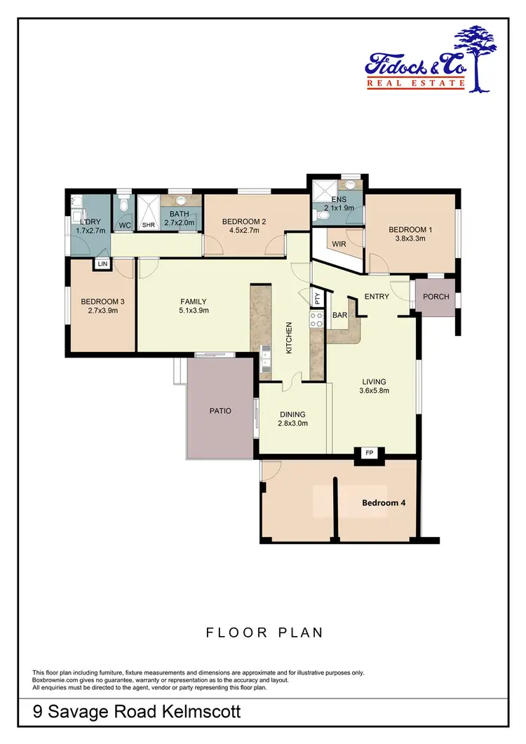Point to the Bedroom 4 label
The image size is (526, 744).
383,503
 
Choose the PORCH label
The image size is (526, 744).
436,296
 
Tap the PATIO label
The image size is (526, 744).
220,411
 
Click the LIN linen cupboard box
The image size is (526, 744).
102,264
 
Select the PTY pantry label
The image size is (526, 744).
318,298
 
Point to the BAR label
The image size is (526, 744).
340,316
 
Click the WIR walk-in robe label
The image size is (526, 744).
339,244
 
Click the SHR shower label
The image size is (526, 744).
148,225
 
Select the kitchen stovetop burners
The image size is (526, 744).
316,320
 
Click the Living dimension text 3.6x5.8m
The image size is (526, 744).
374,391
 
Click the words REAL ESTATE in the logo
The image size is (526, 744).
416,84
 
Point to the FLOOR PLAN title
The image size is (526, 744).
264,633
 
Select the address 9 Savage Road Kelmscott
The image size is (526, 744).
137,712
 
